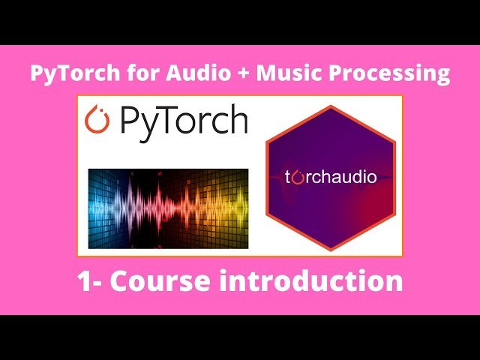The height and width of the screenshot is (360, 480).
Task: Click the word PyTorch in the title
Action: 64,73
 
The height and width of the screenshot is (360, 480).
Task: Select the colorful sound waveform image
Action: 168,208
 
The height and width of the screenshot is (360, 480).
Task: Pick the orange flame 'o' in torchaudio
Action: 298,178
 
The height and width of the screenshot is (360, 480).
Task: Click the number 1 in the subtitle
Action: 84,281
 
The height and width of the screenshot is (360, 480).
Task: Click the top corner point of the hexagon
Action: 330,106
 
